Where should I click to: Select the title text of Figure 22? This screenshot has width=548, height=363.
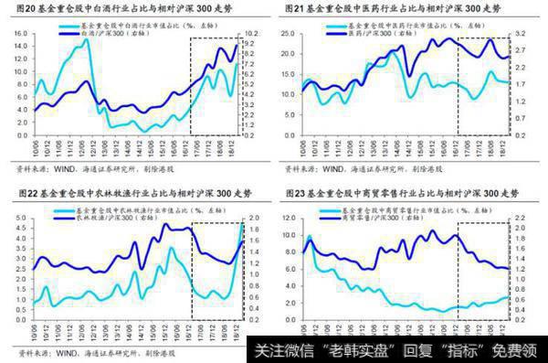tap(128, 193)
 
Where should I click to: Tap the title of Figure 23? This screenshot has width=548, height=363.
tap(402, 193)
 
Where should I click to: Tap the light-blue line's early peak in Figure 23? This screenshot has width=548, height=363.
tap(308, 237)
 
